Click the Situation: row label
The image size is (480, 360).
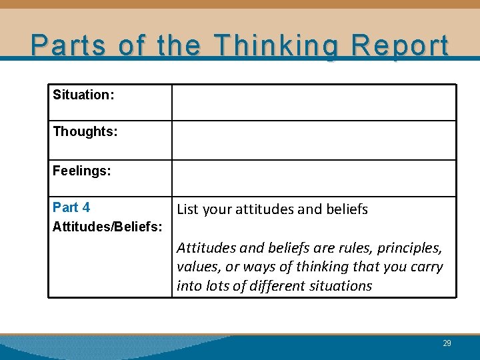pos(83,95)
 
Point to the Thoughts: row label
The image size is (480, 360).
pos(85,132)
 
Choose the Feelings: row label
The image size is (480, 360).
pos(82,171)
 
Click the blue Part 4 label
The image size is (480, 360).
pos(71,207)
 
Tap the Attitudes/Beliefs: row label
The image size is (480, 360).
pos(107,227)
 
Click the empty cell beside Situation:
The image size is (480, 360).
pos(313,102)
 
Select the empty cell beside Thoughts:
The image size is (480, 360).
pos(313,140)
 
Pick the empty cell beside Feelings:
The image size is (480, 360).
pos(313,178)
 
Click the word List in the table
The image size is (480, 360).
pos(188,209)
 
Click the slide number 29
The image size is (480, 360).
pos(447,343)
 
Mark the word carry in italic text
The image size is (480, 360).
pos(427,267)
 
